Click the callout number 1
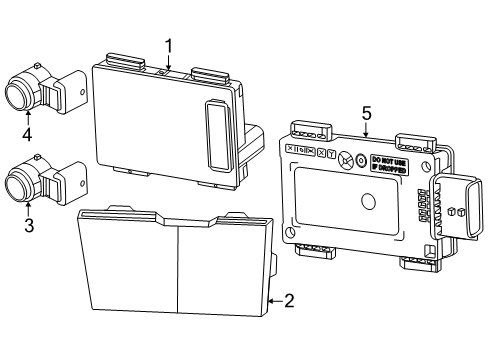169,45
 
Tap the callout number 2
289,300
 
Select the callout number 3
28,226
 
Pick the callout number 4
28,135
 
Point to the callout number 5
366,113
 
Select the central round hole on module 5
367,200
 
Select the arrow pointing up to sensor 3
28,206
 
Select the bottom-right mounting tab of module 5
414,264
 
